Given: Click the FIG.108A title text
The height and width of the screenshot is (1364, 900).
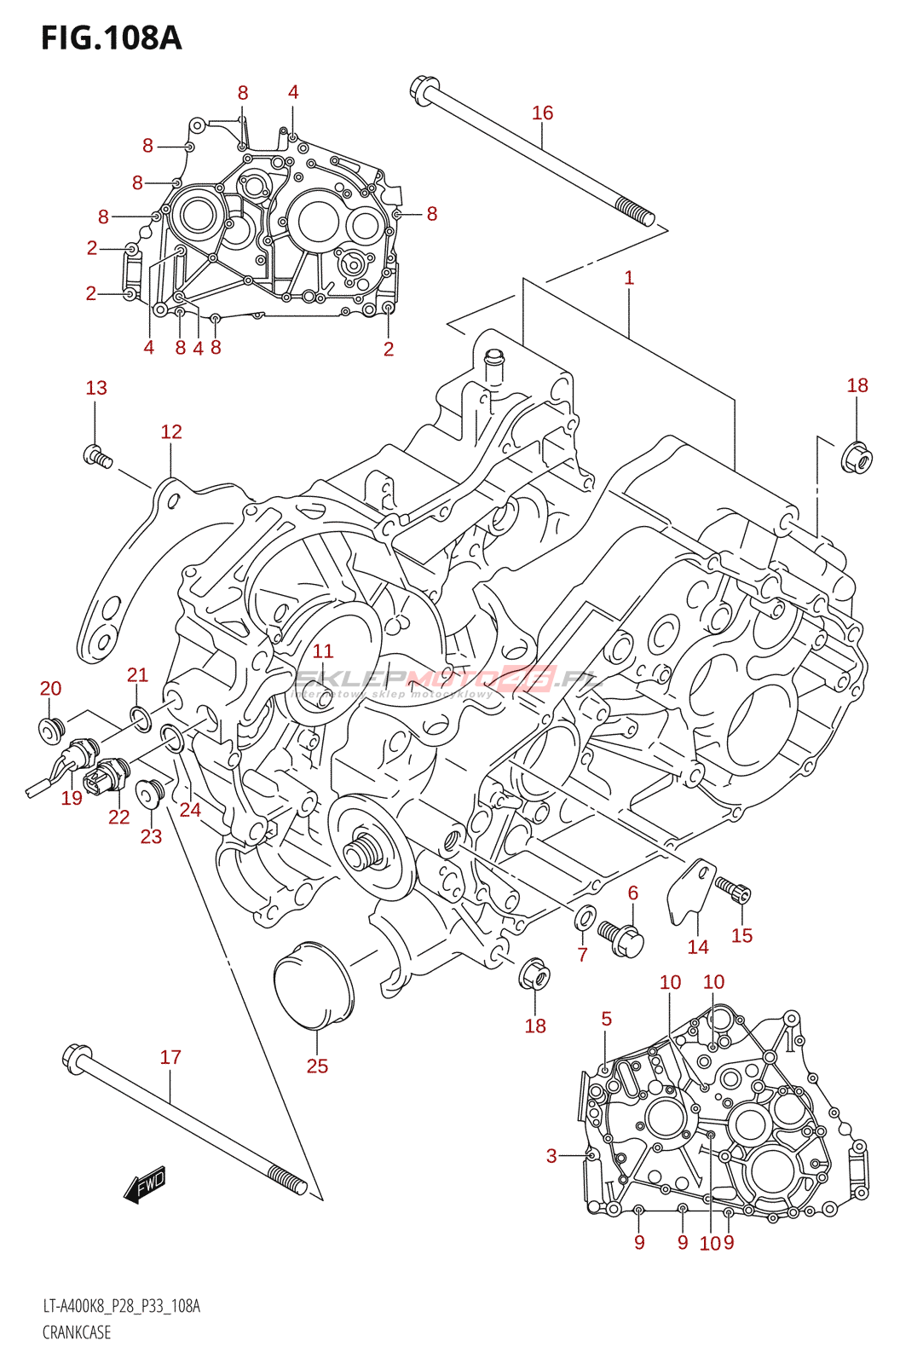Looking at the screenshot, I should click(x=111, y=38).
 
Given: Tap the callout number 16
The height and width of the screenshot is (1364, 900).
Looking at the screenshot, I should click(x=542, y=113).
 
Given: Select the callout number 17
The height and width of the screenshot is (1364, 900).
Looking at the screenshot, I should click(x=170, y=1057).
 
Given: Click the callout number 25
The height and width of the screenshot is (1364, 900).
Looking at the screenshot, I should click(x=317, y=1066).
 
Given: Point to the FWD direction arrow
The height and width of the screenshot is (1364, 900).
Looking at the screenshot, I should click(x=145, y=1185).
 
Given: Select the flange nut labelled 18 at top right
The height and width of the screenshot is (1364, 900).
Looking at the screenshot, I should click(x=857, y=459).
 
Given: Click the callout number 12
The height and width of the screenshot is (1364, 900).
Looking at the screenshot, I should click(x=171, y=431).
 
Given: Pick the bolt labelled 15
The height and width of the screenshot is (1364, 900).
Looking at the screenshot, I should click(x=733, y=889).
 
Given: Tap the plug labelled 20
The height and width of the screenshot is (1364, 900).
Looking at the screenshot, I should click(x=51, y=730).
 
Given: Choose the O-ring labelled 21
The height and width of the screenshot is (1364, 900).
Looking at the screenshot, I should click(x=141, y=718).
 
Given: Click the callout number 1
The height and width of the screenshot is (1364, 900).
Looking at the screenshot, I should click(x=629, y=278).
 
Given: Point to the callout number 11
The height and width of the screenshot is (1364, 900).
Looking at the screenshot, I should click(x=323, y=651).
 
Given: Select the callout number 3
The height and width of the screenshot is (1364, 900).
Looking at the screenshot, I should click(x=551, y=1155).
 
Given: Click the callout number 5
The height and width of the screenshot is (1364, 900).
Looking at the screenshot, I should click(x=606, y=1019).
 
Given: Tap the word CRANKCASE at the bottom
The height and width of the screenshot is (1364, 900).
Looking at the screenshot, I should click(x=77, y=1332).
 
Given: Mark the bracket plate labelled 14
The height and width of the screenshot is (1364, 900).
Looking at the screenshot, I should click(x=689, y=892).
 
